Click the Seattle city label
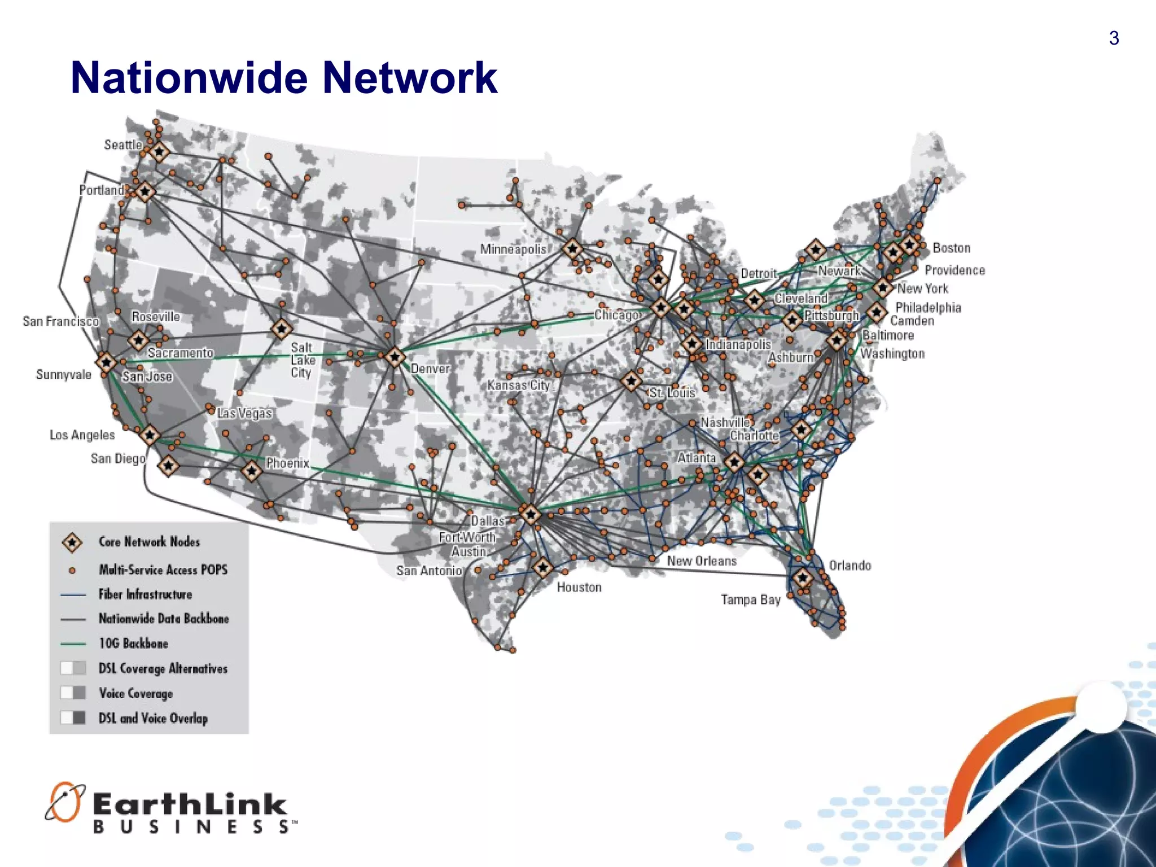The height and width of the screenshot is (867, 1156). (123, 145)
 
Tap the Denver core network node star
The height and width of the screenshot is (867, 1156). (395, 357)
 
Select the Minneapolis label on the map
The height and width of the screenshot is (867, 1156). (513, 249)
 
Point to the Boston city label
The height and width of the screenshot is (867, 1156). (952, 248)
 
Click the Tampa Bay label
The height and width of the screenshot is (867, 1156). (751, 599)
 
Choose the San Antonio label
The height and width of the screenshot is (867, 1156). (429, 571)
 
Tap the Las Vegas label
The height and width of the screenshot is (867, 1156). (245, 413)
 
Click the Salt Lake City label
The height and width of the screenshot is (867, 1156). (302, 360)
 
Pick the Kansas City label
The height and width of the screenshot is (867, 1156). (519, 385)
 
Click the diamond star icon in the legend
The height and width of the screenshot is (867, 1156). (72, 542)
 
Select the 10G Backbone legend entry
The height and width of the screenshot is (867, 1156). (133, 643)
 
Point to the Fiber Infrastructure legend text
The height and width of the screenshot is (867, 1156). (145, 594)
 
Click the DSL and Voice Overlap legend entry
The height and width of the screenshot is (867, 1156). (153, 718)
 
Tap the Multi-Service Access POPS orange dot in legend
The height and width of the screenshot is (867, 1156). (72, 570)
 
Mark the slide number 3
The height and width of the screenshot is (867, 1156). (1114, 38)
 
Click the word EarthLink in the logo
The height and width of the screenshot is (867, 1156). (190, 804)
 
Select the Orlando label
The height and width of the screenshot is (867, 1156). (850, 566)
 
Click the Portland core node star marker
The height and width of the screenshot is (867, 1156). (145, 192)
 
